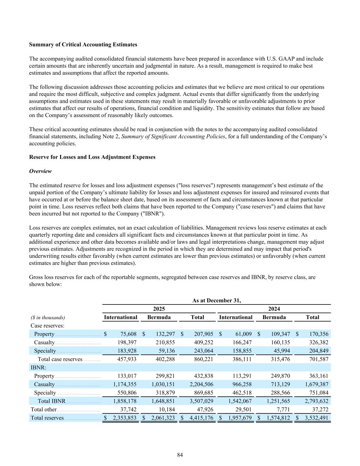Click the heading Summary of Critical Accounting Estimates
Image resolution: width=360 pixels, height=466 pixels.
pos(83,45)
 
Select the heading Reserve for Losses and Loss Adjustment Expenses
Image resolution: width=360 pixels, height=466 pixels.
pos(92,157)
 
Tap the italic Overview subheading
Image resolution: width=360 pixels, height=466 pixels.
pos(40,171)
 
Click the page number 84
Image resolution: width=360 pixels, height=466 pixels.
pos(180,455)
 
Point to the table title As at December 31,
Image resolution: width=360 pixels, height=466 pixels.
pos(216,300)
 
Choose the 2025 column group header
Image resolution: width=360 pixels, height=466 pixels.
pos(159,309)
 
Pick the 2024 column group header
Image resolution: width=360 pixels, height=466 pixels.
pos(274,309)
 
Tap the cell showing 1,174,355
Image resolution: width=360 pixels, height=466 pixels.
pos(125,384)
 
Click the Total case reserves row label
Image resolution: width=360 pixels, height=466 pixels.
pos(60,359)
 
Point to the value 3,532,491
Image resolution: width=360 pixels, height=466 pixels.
pos(317,418)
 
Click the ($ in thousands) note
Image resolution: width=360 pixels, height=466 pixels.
pos(48,317)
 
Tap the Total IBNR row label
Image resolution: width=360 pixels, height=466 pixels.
pos(52,401)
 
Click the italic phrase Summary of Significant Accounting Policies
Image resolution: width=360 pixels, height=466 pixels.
pos(173,137)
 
